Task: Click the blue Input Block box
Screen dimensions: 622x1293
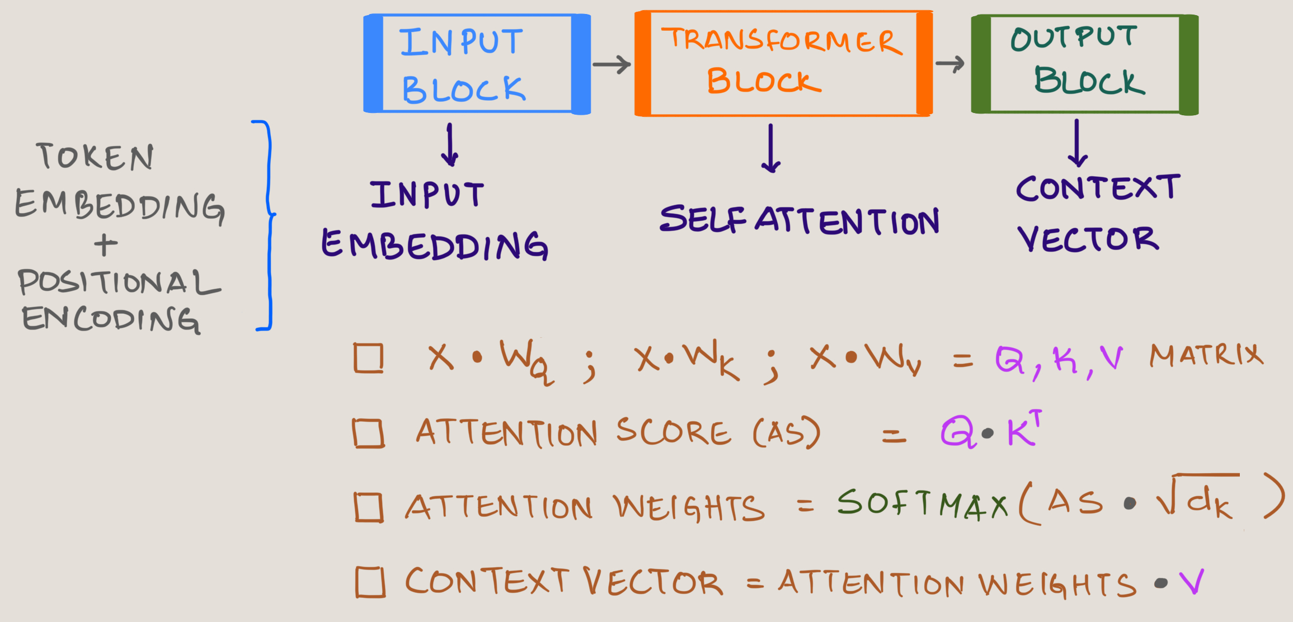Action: click(477, 64)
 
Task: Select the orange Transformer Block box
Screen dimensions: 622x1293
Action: click(783, 63)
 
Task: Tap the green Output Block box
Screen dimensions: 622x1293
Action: click(1084, 64)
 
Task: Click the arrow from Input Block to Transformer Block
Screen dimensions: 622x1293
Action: click(612, 64)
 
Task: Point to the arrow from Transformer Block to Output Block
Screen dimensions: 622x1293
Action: click(950, 64)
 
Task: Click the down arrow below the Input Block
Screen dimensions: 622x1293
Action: click(450, 145)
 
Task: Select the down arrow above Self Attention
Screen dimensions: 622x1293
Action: click(771, 149)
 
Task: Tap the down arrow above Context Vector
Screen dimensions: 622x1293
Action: click(1078, 143)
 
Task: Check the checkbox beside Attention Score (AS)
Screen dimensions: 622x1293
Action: click(368, 434)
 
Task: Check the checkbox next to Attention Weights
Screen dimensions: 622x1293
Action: click(369, 507)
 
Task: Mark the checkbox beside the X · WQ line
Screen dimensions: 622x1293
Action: click(369, 358)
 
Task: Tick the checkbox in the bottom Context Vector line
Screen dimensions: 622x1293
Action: click(370, 582)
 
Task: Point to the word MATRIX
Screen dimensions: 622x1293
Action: click(1206, 355)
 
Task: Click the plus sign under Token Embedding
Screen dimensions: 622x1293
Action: click(106, 245)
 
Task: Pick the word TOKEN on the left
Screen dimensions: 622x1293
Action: click(95, 156)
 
